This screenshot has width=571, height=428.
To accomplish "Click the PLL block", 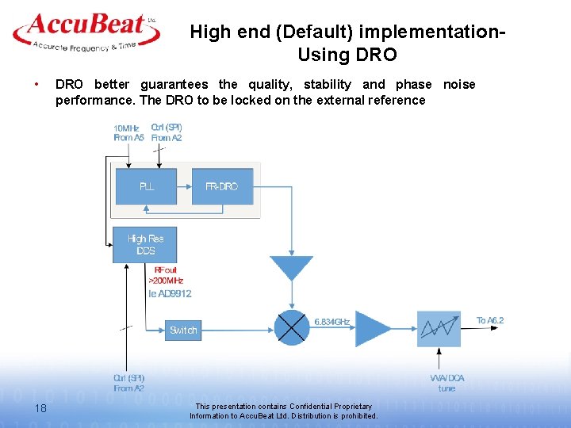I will (x=147, y=186).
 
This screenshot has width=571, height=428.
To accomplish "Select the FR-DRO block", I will (x=221, y=186).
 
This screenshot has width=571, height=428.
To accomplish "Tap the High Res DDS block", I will (x=145, y=244).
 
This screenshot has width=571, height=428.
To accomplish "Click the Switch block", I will (x=183, y=330).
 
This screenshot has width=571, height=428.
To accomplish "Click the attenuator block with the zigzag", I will (x=439, y=328).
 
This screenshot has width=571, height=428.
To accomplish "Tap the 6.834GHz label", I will (x=333, y=321).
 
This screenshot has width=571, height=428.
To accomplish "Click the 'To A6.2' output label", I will (x=489, y=320).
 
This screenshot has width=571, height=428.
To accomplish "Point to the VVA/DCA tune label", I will (x=447, y=383).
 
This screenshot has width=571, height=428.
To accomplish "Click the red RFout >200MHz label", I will (x=166, y=275).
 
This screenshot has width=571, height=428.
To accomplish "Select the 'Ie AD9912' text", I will (x=171, y=293).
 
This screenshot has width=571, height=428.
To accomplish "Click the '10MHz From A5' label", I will (x=128, y=132).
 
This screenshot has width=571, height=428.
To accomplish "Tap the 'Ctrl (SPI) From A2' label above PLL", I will (x=167, y=132).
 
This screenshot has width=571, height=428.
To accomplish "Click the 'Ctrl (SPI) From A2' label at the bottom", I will (x=128, y=383).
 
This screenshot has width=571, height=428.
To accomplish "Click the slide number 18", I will (x=40, y=407).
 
